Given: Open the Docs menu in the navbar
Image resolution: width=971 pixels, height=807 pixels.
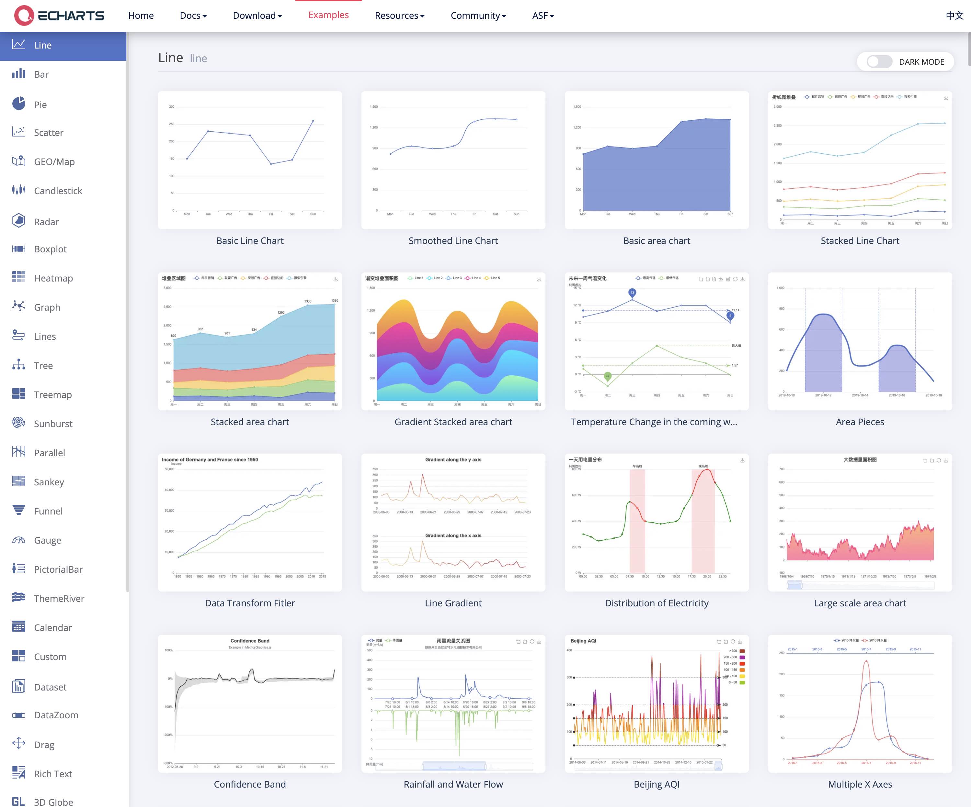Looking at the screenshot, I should click(x=193, y=16).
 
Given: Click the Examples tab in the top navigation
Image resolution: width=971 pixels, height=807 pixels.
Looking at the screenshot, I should click(x=328, y=15).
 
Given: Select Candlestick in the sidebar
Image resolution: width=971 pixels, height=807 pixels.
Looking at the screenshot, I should click(x=58, y=191).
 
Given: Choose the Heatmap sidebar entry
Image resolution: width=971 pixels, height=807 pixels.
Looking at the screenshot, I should click(x=53, y=278).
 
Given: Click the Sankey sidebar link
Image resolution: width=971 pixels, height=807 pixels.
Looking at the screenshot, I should click(x=49, y=482).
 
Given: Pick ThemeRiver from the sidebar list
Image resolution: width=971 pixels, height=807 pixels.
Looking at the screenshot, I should click(x=59, y=598).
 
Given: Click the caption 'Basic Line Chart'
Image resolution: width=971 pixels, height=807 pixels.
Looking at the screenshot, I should click(x=250, y=241).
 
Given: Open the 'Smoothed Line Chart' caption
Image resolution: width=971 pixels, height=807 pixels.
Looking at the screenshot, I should click(x=453, y=241).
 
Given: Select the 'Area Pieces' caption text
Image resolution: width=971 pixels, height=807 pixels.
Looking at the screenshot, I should click(x=860, y=422).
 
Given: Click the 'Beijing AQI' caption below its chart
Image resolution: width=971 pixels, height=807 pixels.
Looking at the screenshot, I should click(x=657, y=784).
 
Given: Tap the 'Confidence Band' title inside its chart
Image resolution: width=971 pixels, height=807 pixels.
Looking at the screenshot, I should click(x=250, y=641).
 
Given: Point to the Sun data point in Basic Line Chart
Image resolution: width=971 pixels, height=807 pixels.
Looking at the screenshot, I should click(x=313, y=121).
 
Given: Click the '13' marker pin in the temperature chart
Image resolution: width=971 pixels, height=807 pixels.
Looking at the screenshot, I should click(x=632, y=293).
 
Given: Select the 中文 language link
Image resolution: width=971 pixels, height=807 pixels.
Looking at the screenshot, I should click(x=954, y=16).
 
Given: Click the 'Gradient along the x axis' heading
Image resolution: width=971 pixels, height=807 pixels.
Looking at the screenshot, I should click(x=453, y=536).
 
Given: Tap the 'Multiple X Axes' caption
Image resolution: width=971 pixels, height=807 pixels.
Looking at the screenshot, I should click(x=860, y=784).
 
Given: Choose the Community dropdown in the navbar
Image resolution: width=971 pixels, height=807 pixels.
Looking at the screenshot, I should click(x=478, y=16).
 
